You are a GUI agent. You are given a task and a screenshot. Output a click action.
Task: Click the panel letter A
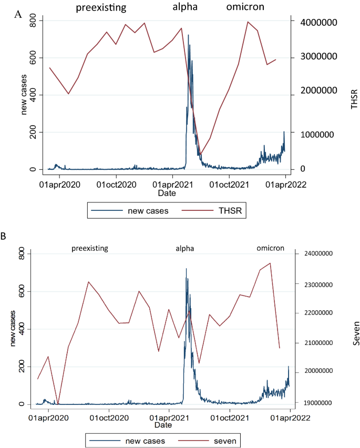tap(17, 14)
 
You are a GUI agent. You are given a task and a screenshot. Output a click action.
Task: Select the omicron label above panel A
tap(245, 7)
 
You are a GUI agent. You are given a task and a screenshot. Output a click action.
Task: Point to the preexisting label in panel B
tap(90, 248)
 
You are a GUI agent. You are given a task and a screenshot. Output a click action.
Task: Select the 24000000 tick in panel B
tap(325, 253)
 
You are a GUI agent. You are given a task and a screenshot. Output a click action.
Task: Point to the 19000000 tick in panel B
tap(325, 403)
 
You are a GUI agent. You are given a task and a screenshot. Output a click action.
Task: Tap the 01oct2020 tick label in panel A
tap(116, 185)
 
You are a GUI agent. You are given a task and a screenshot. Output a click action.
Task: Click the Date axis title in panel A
tap(167, 194)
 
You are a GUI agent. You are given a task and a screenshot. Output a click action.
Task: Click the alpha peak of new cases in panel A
tap(188, 36)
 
